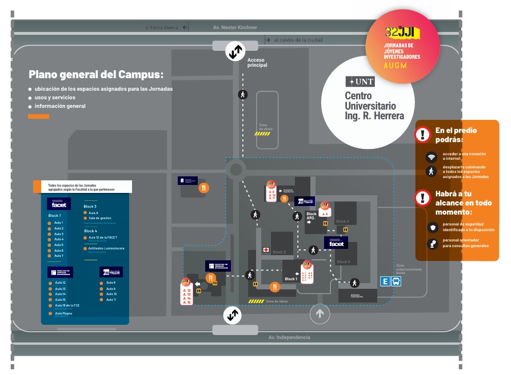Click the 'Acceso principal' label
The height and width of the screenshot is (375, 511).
point(257,62)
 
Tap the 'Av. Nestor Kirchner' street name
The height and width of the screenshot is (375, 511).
point(235,27)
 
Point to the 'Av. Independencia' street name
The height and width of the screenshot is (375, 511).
point(289,337)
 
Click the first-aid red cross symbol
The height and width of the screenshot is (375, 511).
point(266,250)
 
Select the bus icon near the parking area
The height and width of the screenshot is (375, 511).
point(396,281)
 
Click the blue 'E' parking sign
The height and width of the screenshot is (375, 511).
point(385,281)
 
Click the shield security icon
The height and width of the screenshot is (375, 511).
point(432,227)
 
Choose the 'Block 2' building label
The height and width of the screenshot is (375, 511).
point(279,252)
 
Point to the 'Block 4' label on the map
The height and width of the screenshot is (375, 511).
point(342,221)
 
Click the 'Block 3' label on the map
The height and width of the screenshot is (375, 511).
point(344,261)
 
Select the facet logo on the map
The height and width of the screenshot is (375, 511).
point(336,243)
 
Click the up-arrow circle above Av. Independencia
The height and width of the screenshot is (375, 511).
point(320,313)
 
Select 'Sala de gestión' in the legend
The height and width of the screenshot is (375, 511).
point(99,218)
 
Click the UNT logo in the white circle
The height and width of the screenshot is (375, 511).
point(360,82)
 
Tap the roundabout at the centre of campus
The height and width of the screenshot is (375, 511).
point(235,169)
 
